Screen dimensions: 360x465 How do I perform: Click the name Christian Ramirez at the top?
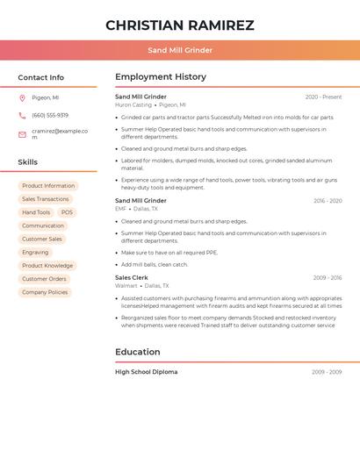pyautogui.click(x=180, y=25)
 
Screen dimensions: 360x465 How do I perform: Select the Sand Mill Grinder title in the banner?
pyautogui.click(x=180, y=50)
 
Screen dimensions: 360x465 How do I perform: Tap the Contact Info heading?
pyautogui.click(x=40, y=77)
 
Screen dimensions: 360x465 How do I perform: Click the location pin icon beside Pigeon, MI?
pyautogui.click(x=22, y=97)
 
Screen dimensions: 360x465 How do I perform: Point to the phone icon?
pyautogui.click(x=22, y=115)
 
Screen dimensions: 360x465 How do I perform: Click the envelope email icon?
pyautogui.click(x=22, y=134)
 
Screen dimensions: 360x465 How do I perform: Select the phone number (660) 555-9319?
pyautogui.click(x=50, y=115)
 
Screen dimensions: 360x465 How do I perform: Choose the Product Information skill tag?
pyautogui.click(x=48, y=186)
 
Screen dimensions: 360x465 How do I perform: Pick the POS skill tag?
pyautogui.click(x=67, y=212)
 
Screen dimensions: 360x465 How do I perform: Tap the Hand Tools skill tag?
pyautogui.click(x=36, y=212)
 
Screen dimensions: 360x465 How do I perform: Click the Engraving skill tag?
pyautogui.click(x=35, y=252)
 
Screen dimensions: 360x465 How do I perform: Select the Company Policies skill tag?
pyautogui.click(x=45, y=292)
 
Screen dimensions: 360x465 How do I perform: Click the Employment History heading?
pyautogui.click(x=161, y=77)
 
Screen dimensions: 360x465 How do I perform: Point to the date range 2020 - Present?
pyautogui.click(x=323, y=97)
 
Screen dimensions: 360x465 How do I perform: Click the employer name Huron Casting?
pyautogui.click(x=133, y=104)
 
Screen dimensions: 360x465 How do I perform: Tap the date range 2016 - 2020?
pyautogui.click(x=328, y=201)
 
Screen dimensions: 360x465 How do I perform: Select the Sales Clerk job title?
pyautogui.click(x=132, y=277)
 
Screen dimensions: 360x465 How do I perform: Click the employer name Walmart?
pyautogui.click(x=126, y=285)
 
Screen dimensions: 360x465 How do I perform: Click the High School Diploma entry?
pyautogui.click(x=147, y=372)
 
